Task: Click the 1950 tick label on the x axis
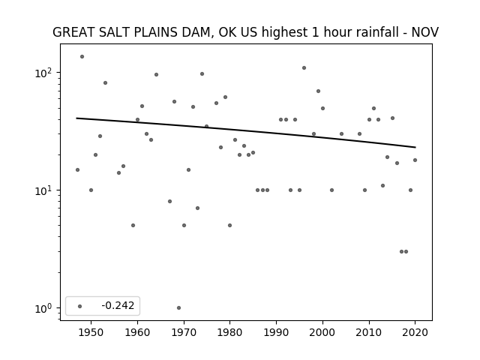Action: point(91,332)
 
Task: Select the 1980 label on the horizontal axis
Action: point(230,332)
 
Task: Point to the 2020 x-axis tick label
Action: point(415,332)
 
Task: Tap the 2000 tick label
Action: point(322,332)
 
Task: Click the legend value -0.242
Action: point(118,305)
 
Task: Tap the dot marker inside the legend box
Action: point(80,306)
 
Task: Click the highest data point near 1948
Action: point(82,57)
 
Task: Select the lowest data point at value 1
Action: point(178,307)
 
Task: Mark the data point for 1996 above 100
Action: point(304,68)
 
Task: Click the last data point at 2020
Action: point(415,160)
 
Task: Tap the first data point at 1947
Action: point(77,170)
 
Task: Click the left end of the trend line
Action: point(76,118)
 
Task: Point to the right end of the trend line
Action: point(415,147)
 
